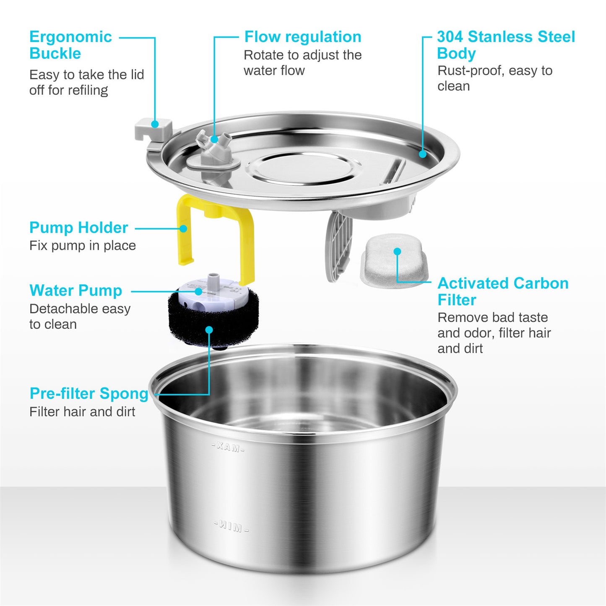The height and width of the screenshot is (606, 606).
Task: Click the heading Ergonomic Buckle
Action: pos(70,45)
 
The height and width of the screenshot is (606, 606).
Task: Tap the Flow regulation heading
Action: pos(302,37)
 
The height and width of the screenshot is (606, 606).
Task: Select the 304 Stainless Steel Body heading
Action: pos(505,45)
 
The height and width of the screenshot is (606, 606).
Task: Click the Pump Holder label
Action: pos(78,228)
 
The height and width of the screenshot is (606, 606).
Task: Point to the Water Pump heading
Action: pos(75,291)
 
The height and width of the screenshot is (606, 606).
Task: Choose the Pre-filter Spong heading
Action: pos(89,394)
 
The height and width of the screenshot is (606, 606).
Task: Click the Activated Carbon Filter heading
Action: pos(502,291)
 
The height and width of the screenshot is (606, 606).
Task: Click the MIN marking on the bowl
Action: pos(231,526)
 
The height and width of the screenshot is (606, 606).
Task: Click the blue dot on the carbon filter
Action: pos(397,251)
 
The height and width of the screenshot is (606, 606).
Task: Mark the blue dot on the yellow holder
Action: pos(183,229)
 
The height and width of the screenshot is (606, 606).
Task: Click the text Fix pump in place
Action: pos(83,246)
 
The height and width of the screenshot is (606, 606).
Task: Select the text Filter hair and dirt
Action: pos(82,412)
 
